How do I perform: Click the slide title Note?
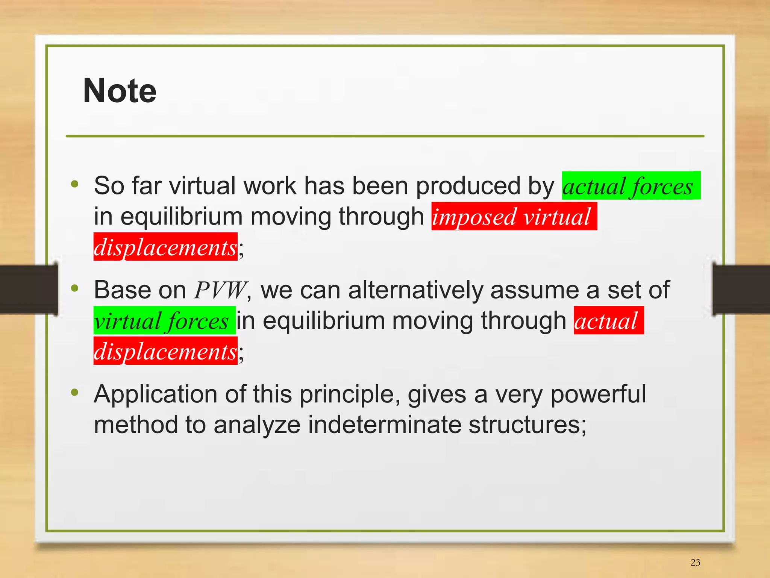point(120,91)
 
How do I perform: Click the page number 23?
point(695,562)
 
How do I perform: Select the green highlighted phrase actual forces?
point(631,186)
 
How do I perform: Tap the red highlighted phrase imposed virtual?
point(513,217)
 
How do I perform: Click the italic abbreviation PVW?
point(220,290)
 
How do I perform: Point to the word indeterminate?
point(384,425)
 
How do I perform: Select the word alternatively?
point(415,290)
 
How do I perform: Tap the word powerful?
point(598,394)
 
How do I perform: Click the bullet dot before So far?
point(75,184)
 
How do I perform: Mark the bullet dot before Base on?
point(75,288)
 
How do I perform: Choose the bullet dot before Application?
point(75,393)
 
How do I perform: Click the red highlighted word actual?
point(608,321)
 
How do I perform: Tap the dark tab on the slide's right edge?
point(741,289)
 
